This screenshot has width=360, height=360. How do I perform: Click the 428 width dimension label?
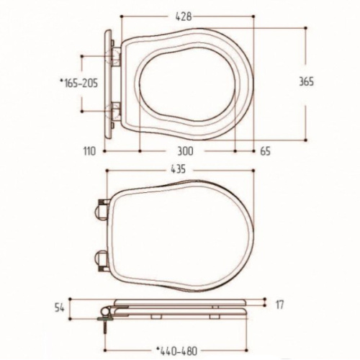184,17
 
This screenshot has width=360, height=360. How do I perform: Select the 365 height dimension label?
306,81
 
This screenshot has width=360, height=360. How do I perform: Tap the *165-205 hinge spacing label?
79,84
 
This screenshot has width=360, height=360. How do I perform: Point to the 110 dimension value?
89,151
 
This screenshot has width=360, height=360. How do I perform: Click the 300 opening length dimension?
185,151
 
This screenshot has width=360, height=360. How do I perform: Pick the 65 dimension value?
265,151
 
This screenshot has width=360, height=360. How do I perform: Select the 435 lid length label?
178,169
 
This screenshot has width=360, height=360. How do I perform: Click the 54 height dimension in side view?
59,308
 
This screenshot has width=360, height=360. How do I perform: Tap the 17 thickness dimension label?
279,305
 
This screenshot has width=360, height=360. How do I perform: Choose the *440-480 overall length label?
176,351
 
